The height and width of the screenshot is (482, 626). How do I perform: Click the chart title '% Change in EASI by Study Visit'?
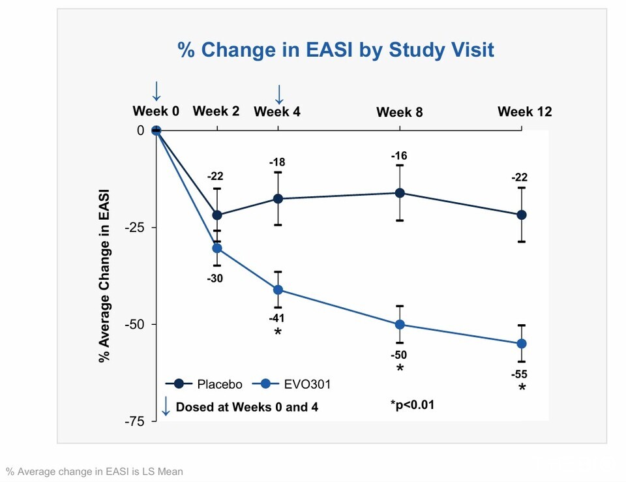click(x=336, y=50)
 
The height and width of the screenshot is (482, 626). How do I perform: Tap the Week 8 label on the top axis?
click(x=399, y=112)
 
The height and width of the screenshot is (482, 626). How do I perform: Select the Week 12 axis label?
click(x=524, y=112)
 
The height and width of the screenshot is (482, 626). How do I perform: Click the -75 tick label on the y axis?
click(x=136, y=421)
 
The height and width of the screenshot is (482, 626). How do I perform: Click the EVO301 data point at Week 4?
click(x=278, y=290)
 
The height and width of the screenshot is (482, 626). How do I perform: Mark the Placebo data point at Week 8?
click(x=399, y=193)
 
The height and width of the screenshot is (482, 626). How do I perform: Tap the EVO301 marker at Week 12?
click(x=522, y=344)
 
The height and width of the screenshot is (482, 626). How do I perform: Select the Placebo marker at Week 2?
click(x=217, y=215)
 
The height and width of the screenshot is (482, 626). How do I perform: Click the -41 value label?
click(x=277, y=318)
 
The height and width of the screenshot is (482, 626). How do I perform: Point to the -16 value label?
click(x=398, y=156)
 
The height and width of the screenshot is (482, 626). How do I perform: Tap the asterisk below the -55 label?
click(x=522, y=389)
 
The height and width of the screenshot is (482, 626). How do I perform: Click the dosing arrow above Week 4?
click(x=279, y=94)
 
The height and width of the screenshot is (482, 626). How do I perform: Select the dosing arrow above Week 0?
click(x=156, y=91)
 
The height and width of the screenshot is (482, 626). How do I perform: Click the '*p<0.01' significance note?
click(x=412, y=405)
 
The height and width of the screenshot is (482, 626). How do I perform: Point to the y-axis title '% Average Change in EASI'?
click(x=104, y=276)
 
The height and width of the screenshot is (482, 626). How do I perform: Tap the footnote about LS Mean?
click(x=95, y=471)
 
